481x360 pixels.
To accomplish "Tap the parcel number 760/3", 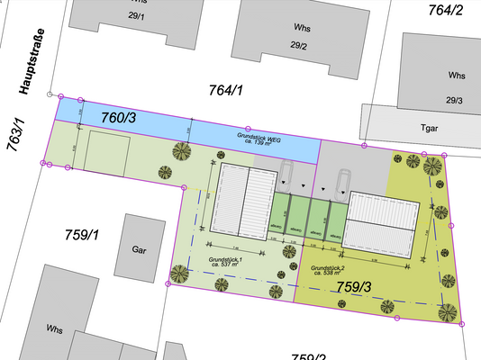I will point(119,118).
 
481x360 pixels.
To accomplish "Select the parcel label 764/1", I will point(226,90).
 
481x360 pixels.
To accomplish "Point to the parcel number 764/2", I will point(446,10).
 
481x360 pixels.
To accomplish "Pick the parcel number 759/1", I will point(81,235).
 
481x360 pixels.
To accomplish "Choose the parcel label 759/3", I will point(355,286).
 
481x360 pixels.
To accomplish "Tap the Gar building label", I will point(139,248).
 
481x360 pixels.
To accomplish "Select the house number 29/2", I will point(299,46).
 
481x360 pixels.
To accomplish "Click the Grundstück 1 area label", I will point(226,263).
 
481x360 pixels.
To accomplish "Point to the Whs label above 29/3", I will point(458,76).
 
